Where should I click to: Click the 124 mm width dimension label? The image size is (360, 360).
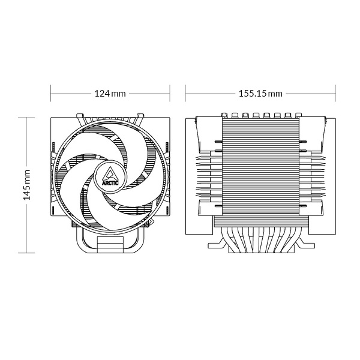tap(110, 94)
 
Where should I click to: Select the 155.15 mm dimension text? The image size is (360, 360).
tap(260, 94)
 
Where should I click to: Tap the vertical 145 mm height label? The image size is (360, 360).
tap(27, 184)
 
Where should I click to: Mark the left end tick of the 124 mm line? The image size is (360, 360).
tap(50, 94)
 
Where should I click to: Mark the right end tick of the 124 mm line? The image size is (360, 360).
tap(170, 94)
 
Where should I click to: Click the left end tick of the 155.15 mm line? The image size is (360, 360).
tap(186, 94)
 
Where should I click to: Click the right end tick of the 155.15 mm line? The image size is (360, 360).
tap(335, 94)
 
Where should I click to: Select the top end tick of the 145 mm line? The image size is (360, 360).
tap(27, 117)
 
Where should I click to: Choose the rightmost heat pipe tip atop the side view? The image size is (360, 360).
tap(296, 114)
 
